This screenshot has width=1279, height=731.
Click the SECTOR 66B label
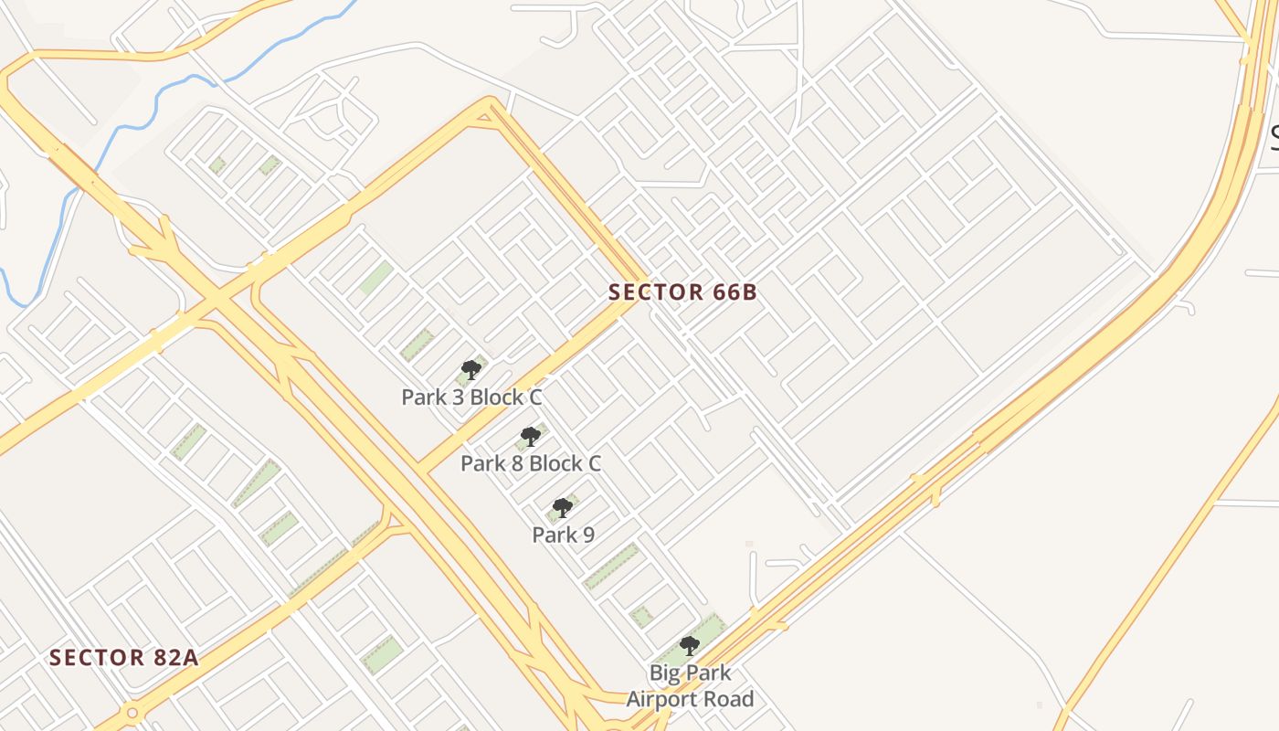pos(682,292)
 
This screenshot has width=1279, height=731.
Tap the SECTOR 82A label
pos(123,657)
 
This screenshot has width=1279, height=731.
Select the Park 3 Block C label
pos(471,397)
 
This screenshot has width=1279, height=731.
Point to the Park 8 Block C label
pos(530,463)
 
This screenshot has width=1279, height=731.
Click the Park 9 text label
pos(563,535)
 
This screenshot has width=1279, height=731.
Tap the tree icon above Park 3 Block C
pos(471,370)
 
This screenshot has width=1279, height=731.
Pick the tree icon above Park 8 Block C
pos(530,437)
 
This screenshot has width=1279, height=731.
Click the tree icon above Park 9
pos(563,508)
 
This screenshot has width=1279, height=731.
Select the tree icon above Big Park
pos(690,646)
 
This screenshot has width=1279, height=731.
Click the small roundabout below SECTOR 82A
pos(132,712)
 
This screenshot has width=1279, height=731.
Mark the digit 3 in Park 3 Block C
pos(454,397)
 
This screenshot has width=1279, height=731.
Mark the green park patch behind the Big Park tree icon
pos(713,630)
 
